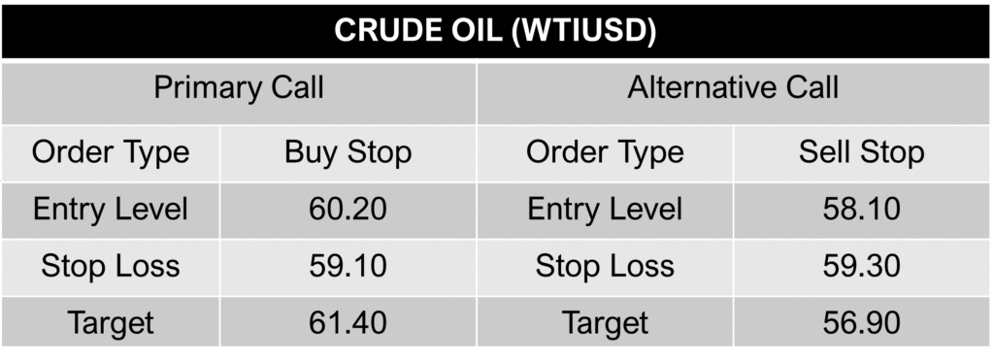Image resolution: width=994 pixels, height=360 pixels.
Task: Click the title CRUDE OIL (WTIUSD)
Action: coord(496,30)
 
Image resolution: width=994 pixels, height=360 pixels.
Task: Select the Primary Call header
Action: coord(239,89)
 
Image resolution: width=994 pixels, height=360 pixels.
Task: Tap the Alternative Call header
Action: coord(733,89)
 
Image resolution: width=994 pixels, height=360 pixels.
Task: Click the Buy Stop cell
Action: coord(348,152)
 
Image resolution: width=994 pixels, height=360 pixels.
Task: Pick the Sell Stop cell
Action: coord(861,152)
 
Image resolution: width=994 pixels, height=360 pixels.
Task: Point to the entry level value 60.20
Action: coord(348,209)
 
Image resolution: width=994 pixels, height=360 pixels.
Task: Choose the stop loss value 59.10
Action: coord(348,266)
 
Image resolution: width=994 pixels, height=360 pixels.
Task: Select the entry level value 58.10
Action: coord(861,209)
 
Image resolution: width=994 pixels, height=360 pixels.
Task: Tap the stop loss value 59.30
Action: coord(861,266)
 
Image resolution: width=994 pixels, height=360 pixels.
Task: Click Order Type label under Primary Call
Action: coord(111,152)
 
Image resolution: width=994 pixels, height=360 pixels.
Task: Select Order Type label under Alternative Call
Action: coord(605,152)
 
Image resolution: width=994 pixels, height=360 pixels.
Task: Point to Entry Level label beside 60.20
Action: coord(111,209)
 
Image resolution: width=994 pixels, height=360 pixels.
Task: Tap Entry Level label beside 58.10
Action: coord(605,209)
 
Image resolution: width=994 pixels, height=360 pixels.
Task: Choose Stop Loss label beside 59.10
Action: coord(111,266)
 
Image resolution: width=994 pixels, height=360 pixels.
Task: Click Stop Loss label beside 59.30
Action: coord(605,266)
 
